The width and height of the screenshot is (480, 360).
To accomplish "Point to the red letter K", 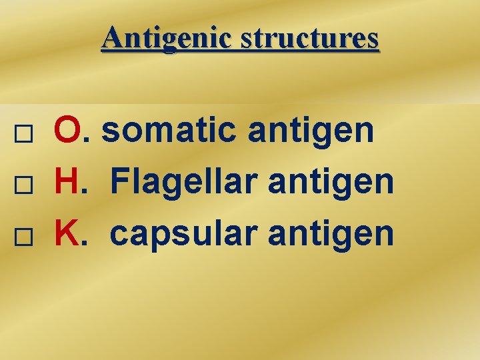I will [x=67, y=232].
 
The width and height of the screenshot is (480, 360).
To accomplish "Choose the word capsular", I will [x=185, y=233].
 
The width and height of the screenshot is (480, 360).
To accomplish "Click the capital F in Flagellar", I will [x=120, y=181].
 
